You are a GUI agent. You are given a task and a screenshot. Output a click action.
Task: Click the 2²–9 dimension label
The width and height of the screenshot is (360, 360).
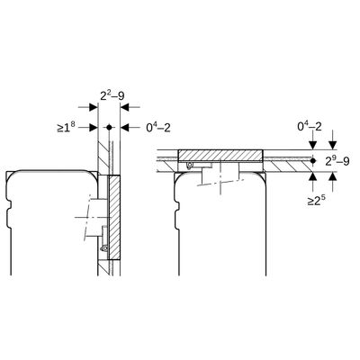point(112,95)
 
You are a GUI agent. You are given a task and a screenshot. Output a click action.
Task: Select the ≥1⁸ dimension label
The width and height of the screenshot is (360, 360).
point(66,128)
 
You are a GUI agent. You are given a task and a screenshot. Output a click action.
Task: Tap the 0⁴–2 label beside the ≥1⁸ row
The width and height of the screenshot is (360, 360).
point(158,128)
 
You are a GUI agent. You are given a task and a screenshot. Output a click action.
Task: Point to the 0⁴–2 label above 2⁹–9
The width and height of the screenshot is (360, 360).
point(310,127)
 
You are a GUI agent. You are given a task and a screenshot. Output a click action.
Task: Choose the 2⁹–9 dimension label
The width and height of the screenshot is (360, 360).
point(337,161)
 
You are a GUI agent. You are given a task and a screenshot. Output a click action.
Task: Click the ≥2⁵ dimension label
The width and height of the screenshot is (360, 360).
point(316,201)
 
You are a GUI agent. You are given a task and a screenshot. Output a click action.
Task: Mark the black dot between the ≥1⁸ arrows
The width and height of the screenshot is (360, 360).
point(109,127)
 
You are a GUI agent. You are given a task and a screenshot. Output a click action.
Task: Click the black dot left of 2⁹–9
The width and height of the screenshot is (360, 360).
point(313,161)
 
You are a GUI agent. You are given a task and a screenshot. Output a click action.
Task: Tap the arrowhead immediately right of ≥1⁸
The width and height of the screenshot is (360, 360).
point(94,127)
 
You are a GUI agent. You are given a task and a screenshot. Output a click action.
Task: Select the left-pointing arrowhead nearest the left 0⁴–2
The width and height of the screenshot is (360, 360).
point(124,127)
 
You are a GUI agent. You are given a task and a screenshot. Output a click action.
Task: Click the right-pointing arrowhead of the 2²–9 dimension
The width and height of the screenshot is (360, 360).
point(94,106)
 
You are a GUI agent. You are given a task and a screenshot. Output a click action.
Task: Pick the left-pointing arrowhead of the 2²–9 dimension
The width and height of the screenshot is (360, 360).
point(124,106)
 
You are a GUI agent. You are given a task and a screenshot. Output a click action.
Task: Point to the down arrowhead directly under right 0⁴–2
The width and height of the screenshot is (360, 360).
point(313,145)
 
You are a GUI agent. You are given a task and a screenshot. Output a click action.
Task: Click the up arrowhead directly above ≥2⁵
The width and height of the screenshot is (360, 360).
point(313,176)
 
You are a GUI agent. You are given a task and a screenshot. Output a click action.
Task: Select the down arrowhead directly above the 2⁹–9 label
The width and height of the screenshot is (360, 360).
point(333,145)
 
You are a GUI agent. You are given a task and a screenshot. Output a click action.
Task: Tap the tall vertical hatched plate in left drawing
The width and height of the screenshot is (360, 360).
point(115,218)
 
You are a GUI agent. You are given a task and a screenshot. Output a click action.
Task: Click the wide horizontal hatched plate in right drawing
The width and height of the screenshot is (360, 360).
point(220,155)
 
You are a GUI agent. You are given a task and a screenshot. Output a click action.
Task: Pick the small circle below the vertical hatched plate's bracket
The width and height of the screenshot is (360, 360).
point(104,247)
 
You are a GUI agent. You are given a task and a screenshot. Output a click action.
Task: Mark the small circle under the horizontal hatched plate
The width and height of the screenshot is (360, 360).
point(190,165)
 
